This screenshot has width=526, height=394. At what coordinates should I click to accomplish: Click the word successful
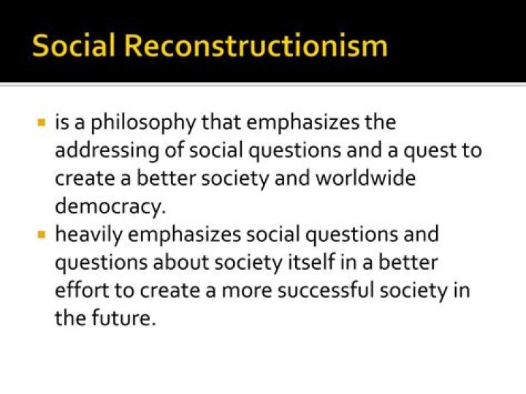(336, 291)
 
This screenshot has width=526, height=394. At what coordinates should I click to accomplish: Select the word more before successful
(249, 291)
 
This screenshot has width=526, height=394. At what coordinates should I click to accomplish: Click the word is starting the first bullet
(62, 122)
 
